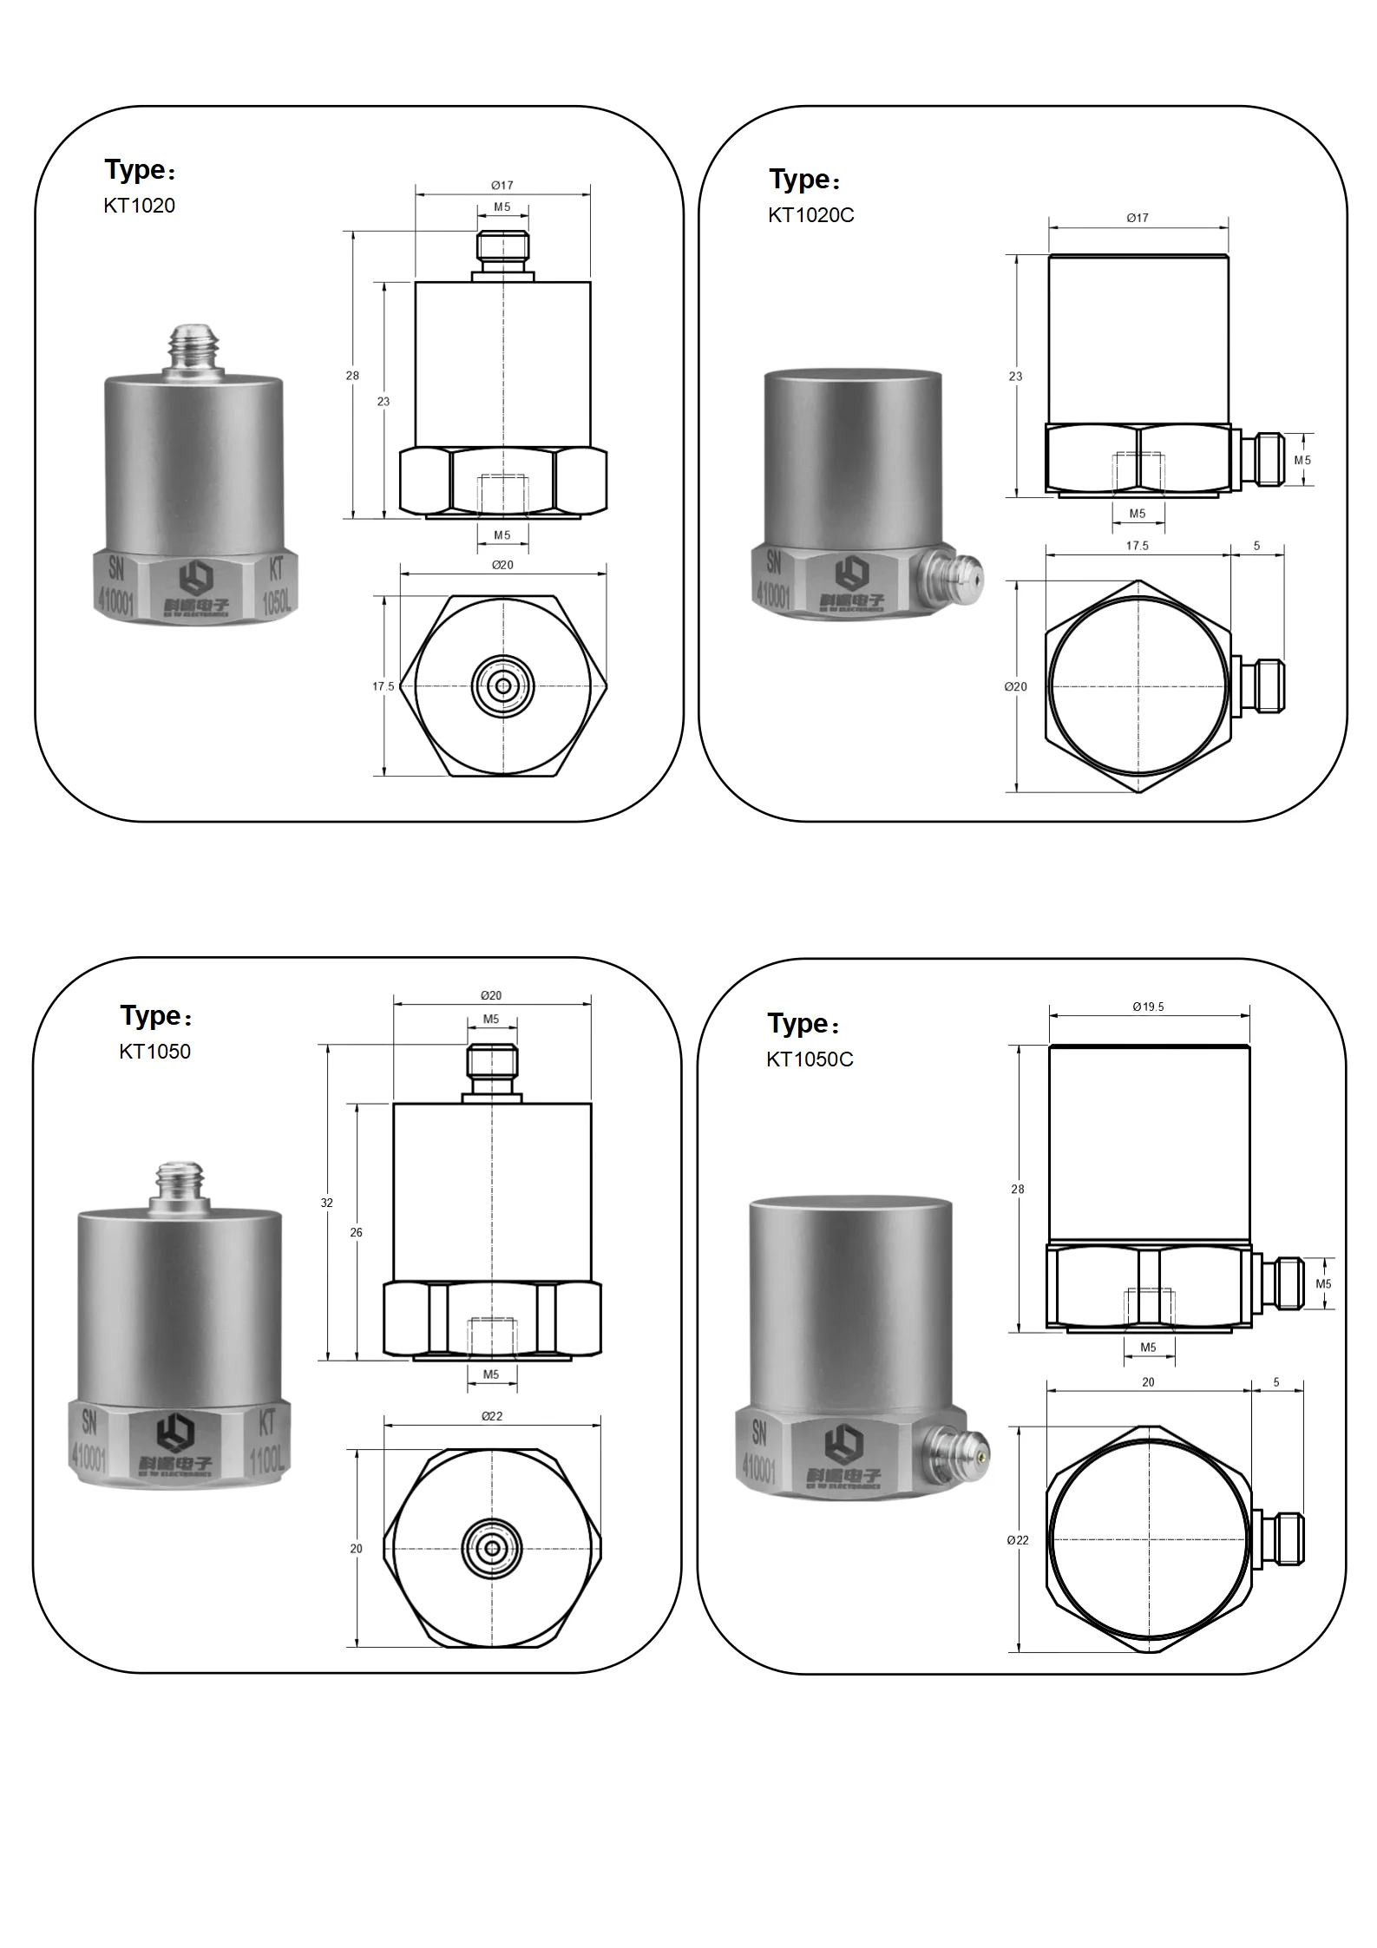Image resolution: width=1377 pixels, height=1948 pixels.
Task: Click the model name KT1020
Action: coord(139,206)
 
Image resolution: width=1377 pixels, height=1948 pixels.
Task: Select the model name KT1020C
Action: coord(810,215)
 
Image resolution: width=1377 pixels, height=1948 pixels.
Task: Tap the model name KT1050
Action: coord(154,1052)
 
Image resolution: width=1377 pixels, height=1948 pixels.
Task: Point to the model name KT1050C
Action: coord(810,1059)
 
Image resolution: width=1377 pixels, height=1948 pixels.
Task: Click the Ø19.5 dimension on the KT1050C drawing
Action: coord(1148,1007)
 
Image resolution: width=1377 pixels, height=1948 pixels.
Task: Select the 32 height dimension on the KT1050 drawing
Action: coord(326,1203)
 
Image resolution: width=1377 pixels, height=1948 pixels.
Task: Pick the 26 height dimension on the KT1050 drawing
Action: coord(356,1232)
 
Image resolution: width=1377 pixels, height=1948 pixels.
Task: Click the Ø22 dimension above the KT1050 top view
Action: coord(492,1416)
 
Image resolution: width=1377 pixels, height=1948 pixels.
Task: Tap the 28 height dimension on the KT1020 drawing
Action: coord(351,376)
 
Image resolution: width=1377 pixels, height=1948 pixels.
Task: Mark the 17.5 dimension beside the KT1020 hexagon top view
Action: coord(383,686)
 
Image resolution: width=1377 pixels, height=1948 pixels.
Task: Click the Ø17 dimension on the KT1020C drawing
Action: coord(1137,218)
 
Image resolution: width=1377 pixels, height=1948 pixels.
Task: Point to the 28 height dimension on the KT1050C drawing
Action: coord(1017,1190)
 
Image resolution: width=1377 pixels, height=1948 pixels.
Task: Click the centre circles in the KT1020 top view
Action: coord(503,686)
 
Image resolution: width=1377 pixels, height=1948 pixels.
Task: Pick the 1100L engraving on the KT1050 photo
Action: coord(266,1462)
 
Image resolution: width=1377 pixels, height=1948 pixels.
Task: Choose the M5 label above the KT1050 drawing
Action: coord(491,1020)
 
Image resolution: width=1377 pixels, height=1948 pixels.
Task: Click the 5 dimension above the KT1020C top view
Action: coord(1256,546)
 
